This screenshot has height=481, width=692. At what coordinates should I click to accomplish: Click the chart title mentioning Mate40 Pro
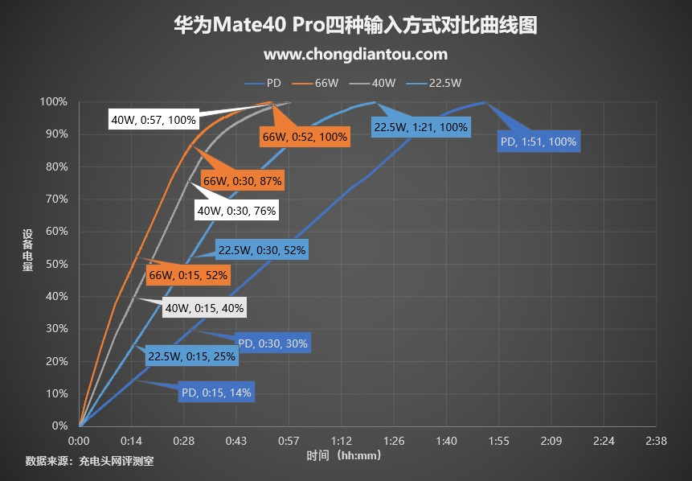point(354,26)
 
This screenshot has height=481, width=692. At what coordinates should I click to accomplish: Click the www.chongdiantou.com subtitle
point(354,55)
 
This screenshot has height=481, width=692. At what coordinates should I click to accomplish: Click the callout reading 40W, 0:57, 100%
point(153,120)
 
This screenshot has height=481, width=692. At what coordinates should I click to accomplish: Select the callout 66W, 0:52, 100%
point(305,137)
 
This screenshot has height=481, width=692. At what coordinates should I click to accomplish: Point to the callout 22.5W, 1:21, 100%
point(420,126)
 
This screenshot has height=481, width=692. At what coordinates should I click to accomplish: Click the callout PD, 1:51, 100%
point(538,142)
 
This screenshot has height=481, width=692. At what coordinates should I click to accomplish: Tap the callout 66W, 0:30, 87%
point(242,182)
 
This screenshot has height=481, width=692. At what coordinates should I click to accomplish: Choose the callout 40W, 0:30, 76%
point(236,211)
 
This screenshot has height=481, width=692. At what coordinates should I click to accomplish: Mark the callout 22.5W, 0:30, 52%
point(261,250)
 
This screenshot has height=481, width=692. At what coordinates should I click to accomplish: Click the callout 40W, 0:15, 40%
point(204,307)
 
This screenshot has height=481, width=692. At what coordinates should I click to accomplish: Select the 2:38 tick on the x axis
point(656,441)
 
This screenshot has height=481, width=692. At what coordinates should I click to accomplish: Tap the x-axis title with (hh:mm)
point(343,455)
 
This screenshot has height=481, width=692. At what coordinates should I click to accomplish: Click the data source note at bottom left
point(89,461)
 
